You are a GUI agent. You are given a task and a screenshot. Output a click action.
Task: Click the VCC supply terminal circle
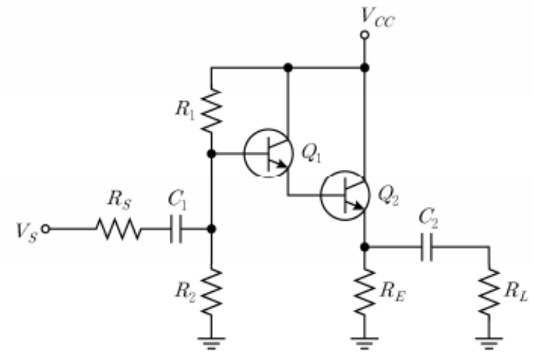[x=365, y=35]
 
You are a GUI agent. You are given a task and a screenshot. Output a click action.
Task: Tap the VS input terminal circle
[x=45, y=229]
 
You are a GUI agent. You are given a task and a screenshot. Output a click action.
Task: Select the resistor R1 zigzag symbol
[x=211, y=110]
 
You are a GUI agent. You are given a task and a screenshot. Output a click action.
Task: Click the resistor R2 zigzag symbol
[x=211, y=291]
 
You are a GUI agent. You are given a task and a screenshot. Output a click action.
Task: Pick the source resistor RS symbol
[x=118, y=229]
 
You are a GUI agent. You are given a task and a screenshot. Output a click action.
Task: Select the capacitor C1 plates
[x=176, y=229]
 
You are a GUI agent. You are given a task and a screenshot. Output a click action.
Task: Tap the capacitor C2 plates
[x=427, y=247]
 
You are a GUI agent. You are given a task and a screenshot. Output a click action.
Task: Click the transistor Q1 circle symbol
[x=268, y=153]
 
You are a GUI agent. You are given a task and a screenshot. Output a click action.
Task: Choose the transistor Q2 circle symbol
[x=345, y=195]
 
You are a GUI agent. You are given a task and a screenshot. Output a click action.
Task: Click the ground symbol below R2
[x=211, y=343]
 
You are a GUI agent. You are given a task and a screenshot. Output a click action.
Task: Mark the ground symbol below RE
[x=365, y=343]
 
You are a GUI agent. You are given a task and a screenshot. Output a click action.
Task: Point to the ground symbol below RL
[x=490, y=343]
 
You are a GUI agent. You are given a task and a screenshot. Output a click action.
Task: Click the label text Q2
[x=389, y=197]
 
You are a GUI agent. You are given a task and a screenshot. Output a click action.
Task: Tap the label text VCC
[x=378, y=17]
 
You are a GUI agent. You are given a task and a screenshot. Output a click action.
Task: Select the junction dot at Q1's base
[x=211, y=154]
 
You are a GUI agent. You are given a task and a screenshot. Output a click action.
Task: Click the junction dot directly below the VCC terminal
[x=365, y=67]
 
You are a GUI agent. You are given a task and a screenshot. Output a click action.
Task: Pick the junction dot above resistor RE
[x=365, y=247]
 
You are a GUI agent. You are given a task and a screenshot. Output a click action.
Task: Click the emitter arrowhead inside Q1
[x=283, y=164]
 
